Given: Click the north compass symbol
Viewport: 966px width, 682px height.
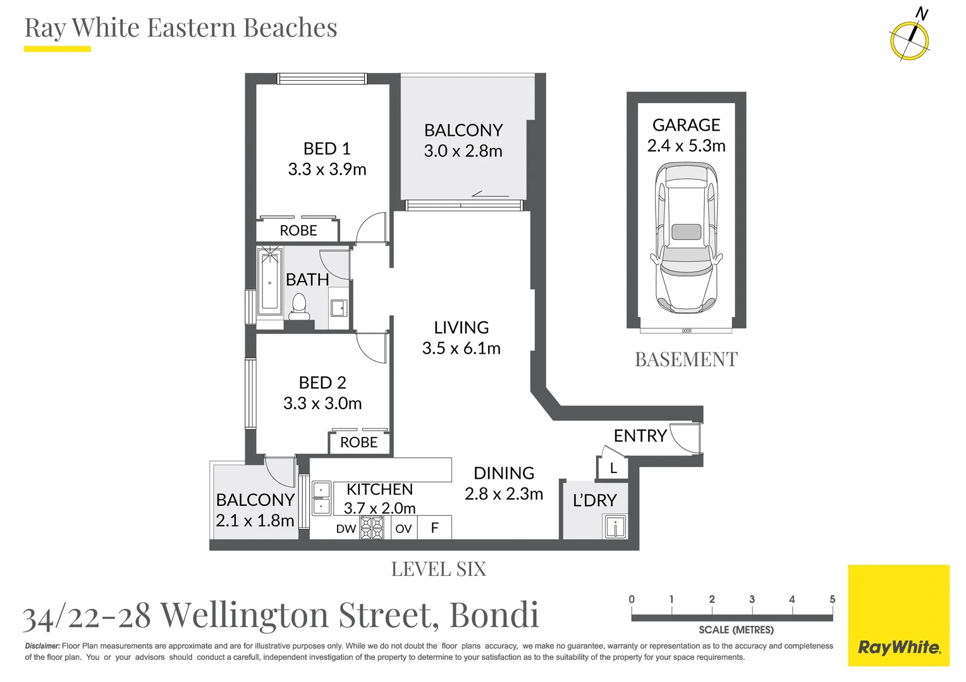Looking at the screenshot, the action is tap(910, 40).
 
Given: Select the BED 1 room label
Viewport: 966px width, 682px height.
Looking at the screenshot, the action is tap(327, 148).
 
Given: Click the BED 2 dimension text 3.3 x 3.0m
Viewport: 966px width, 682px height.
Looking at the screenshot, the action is tap(322, 404).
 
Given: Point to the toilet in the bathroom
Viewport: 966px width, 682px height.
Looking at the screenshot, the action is tap(299, 306).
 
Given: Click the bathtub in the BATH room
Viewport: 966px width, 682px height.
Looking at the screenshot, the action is tap(270, 280).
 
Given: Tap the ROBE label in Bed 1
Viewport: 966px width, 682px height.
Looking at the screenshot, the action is tap(298, 230).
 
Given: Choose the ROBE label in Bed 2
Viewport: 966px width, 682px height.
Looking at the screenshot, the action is tap(359, 442).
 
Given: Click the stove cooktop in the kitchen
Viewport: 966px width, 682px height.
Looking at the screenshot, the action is tap(372, 528).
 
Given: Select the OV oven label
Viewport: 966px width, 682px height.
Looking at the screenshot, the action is tap(403, 529).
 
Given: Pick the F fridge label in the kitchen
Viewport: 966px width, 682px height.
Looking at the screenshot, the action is tap(435, 528).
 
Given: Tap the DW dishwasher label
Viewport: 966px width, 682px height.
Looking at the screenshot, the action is tap(346, 529).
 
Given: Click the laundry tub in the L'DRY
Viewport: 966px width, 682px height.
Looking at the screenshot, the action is tap(615, 527).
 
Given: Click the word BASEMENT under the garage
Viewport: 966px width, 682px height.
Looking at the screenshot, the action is tap(686, 359).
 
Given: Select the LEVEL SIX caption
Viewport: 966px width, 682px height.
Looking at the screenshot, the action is tap(439, 569).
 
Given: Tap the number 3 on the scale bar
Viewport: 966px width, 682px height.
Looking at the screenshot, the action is tap(752, 599).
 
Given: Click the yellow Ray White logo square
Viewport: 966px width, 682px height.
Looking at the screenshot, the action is tap(899, 616).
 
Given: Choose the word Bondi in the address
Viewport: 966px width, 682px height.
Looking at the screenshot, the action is tap(494, 615).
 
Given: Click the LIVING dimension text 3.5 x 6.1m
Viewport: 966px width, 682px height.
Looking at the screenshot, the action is tap(462, 348).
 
